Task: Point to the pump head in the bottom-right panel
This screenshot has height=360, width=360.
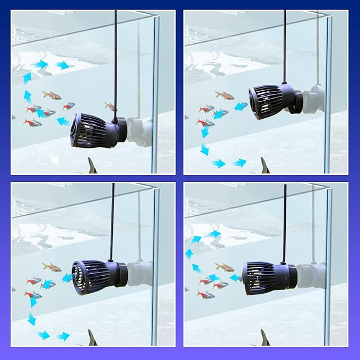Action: pos(263,277)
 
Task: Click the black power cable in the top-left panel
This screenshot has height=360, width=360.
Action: pos(116,58)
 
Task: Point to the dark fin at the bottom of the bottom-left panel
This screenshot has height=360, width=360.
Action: pos(92,338)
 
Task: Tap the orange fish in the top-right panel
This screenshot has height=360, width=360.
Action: pos(225,95)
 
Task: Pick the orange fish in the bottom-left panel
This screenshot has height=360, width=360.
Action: pos(52,267)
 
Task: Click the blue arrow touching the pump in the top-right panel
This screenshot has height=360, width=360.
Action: pos(241,107)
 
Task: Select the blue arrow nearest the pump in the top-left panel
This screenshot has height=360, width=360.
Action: pos(63,122)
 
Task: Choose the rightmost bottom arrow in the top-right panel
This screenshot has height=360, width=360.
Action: pos(240,163)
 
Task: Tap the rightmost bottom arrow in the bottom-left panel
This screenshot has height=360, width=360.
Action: pos(63,336)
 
